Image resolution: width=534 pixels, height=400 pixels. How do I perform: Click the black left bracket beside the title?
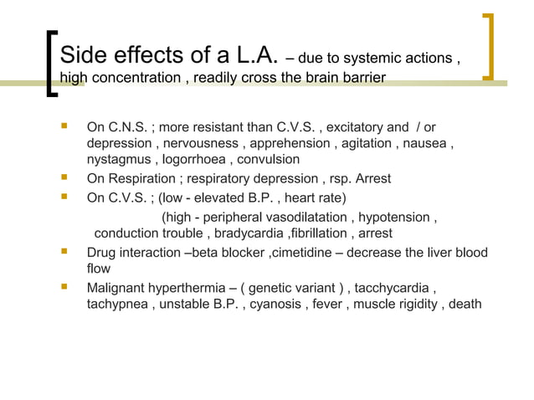click(x=51, y=64)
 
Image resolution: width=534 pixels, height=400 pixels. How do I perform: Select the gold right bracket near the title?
click(x=489, y=46)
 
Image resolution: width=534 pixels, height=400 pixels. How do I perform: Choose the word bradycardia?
click(x=245, y=233)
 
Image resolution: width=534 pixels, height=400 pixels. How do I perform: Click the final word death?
click(x=465, y=304)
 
